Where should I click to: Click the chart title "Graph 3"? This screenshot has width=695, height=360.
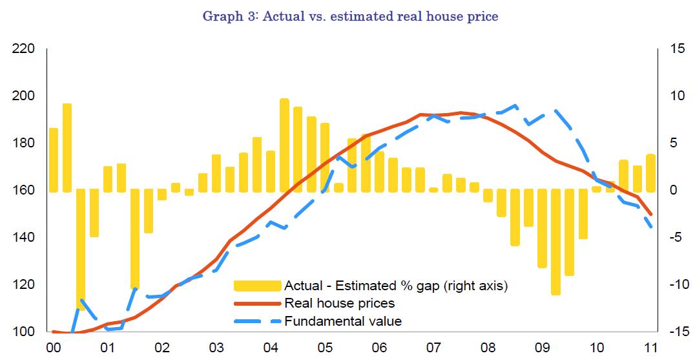pyautogui.click(x=350, y=16)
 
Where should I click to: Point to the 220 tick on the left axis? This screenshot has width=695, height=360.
pyautogui.click(x=23, y=48)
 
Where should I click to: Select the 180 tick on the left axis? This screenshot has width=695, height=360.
pyautogui.click(x=23, y=143)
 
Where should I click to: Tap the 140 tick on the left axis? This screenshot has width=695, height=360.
pyautogui.click(x=23, y=237)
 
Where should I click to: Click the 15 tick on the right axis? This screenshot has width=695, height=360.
pyautogui.click(x=674, y=48)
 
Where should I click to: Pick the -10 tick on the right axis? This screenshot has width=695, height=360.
pyautogui.click(x=676, y=284)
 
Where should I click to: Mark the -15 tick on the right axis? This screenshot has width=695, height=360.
pyautogui.click(x=676, y=332)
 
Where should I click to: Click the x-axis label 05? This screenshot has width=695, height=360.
pyautogui.click(x=326, y=346)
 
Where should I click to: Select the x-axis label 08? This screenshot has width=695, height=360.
pyautogui.click(x=488, y=346)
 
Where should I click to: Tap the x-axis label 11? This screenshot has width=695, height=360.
pyautogui.click(x=650, y=346)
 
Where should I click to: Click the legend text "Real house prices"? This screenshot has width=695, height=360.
pyautogui.click(x=339, y=302)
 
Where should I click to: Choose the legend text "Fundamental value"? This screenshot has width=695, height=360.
pyautogui.click(x=342, y=321)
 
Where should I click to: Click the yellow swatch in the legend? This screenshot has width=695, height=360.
pyautogui.click(x=256, y=285)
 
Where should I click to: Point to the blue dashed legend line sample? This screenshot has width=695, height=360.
pyautogui.click(x=256, y=321)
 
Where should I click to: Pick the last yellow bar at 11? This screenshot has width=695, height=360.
pyautogui.click(x=650, y=173)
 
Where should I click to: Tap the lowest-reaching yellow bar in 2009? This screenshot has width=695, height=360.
pyautogui.click(x=555, y=242)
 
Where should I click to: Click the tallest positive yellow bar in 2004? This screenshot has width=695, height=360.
pyautogui.click(x=284, y=145)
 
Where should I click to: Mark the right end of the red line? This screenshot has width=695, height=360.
pyautogui.click(x=651, y=215)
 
